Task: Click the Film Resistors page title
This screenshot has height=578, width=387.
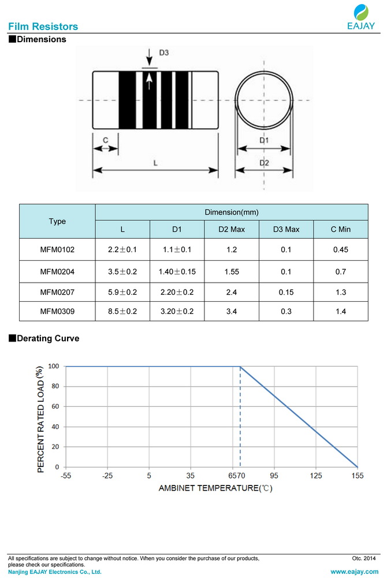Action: coord(43,27)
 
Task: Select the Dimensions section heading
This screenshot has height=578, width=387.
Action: coord(41,40)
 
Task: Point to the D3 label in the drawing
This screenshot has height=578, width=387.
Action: coord(163,53)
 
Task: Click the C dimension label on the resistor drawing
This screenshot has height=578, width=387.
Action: coord(106,140)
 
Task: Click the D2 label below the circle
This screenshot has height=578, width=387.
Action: coord(263,163)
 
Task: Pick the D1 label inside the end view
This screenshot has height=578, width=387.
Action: coord(263,140)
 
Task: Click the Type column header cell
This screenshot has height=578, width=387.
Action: coord(57,221)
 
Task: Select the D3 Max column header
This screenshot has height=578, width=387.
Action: coord(286,229)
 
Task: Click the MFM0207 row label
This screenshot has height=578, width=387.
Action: coord(57,292)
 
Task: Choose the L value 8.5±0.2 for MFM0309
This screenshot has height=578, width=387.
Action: coord(122,311)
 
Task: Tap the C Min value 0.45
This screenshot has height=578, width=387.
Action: coord(341,250)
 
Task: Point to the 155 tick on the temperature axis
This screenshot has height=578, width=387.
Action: coord(357,476)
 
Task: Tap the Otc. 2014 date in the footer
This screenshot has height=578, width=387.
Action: coord(364,558)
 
